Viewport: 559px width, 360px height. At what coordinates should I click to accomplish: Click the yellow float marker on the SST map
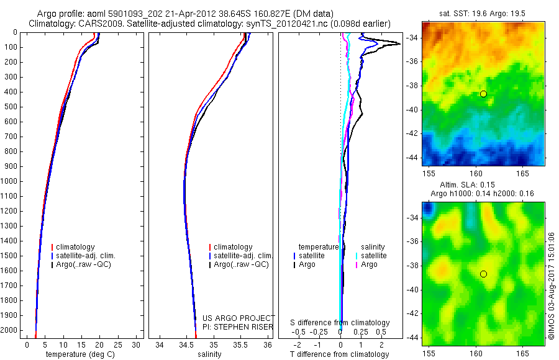[483, 94]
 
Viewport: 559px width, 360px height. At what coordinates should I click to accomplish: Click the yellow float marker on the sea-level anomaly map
[483, 274]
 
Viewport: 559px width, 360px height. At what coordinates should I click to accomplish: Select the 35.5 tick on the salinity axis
[240, 344]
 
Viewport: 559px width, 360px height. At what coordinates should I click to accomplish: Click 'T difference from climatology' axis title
[339, 354]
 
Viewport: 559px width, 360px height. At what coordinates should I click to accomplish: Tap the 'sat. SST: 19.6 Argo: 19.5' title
[483, 12]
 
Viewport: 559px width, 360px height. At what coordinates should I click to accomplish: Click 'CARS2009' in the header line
[102, 24]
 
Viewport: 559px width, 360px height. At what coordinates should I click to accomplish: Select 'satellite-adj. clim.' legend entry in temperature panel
[86, 256]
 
